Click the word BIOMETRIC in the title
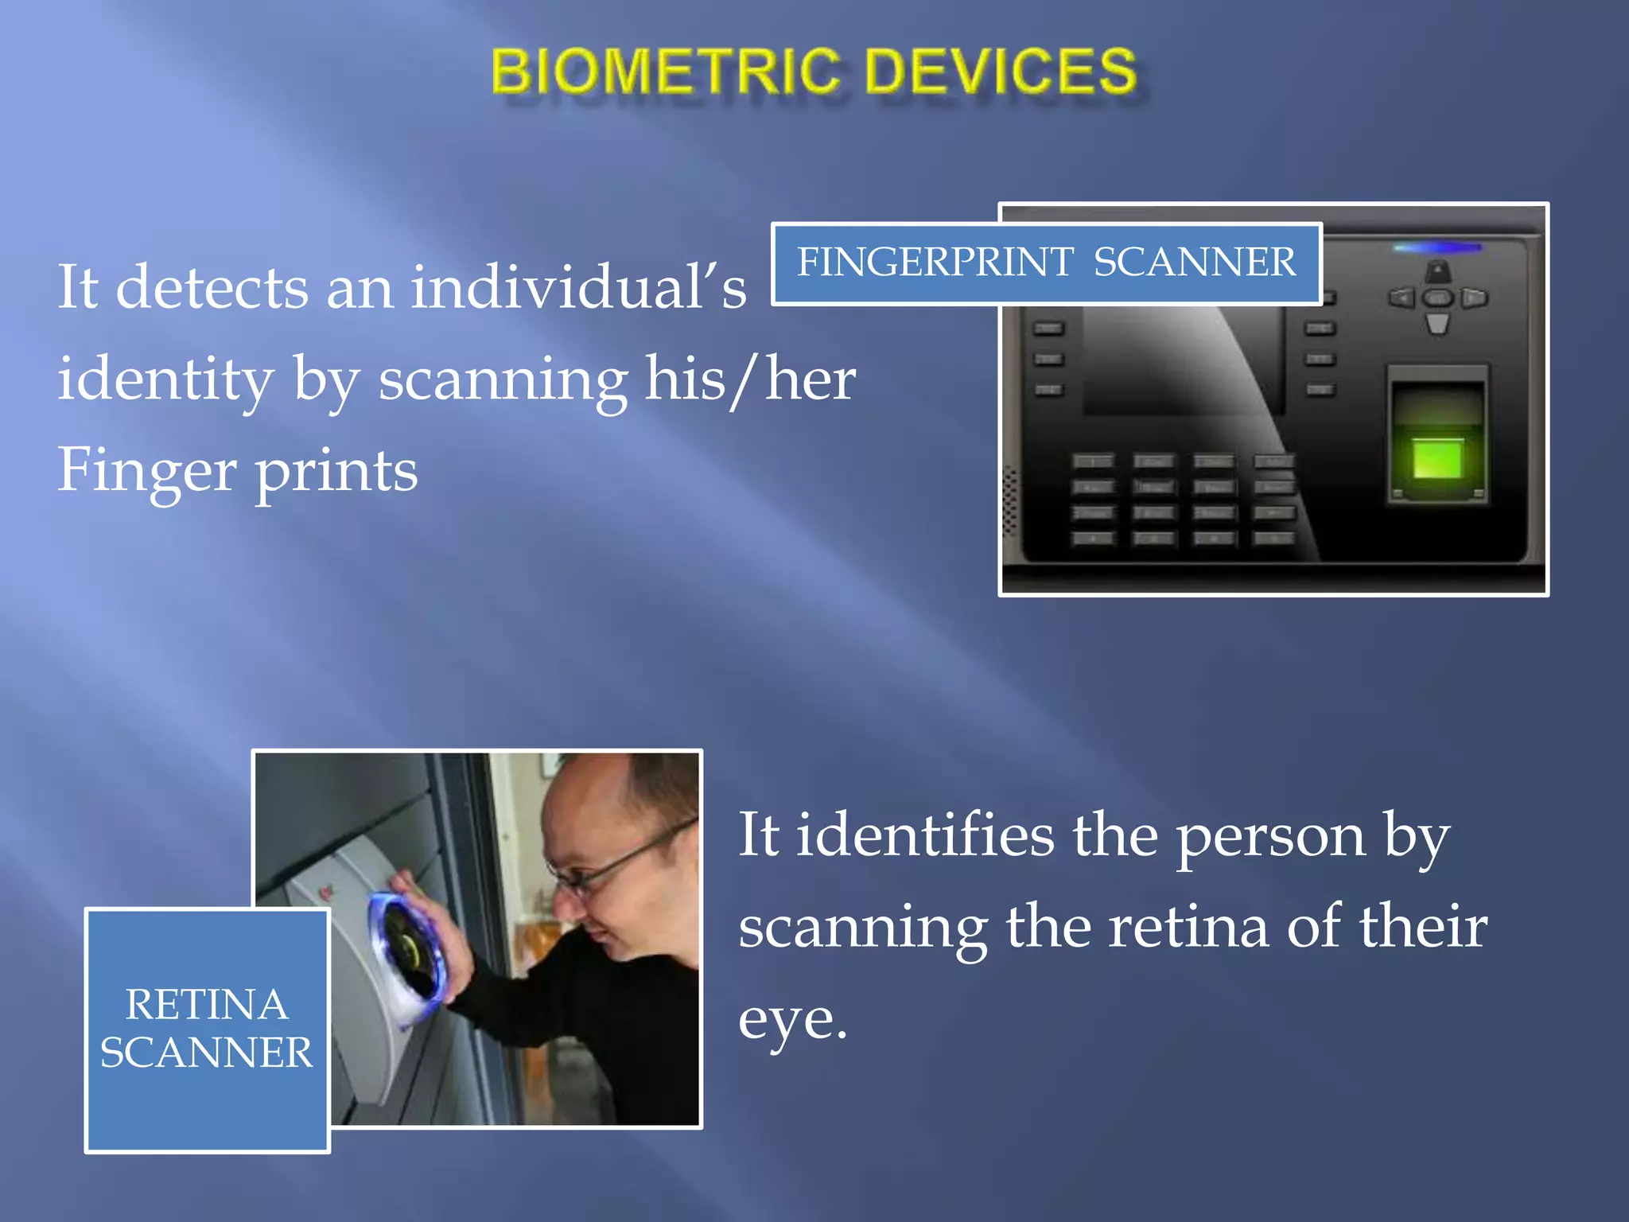(x=665, y=72)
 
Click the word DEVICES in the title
(x=1001, y=72)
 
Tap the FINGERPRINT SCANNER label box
(x=1046, y=263)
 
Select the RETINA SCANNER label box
(x=207, y=1029)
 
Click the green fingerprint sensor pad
(x=1437, y=459)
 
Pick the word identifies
(x=925, y=835)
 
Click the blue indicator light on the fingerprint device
(x=1437, y=248)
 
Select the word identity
(x=165, y=380)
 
